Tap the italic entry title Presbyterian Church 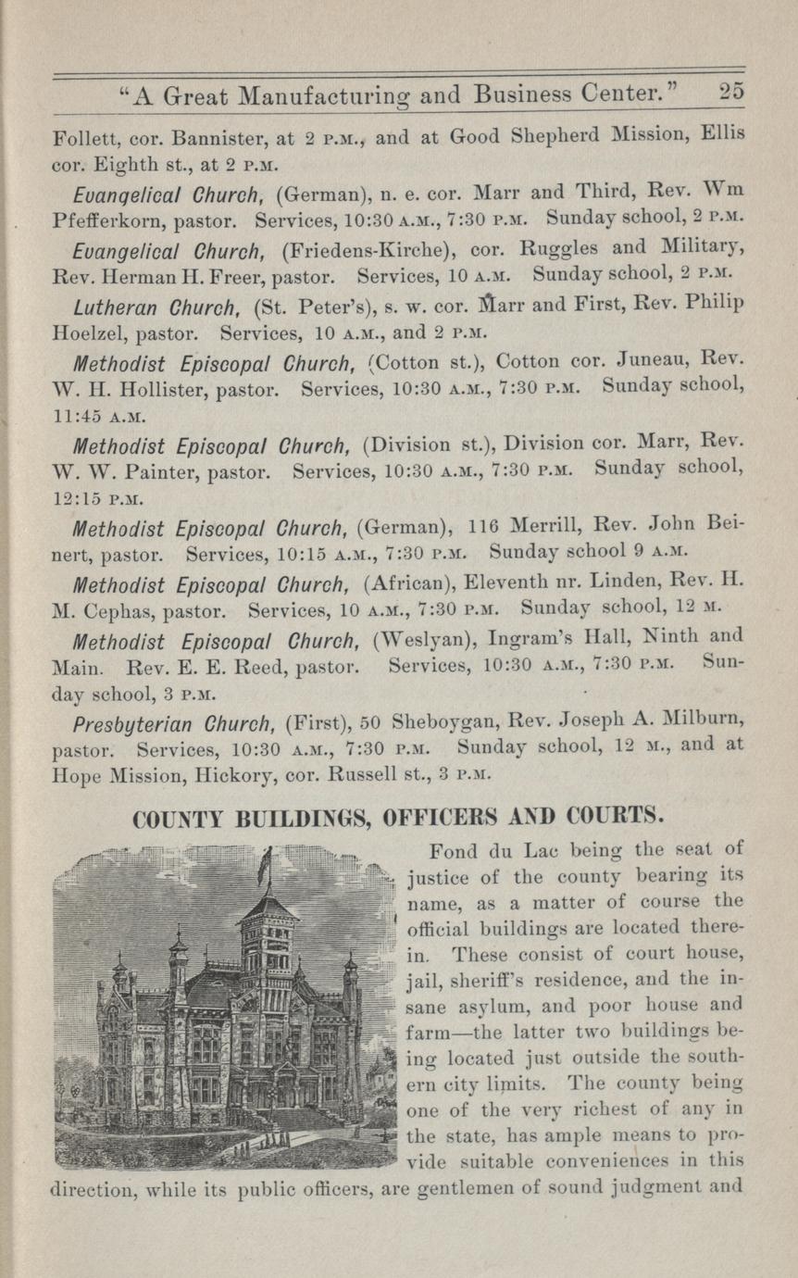pos(156,719)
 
